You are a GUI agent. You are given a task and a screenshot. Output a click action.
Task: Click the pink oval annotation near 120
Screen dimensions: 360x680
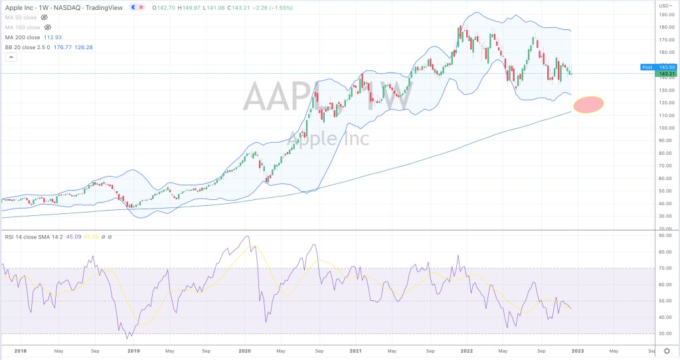[588, 104]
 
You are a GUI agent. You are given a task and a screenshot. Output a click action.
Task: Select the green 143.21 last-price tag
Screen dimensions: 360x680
[662, 73]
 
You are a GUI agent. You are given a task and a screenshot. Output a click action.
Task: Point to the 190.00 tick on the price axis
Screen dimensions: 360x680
[663, 15]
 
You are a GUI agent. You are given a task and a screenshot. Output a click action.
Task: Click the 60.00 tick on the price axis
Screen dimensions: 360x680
[663, 178]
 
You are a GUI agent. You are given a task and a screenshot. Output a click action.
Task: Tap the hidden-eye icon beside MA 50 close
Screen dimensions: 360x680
[44, 16]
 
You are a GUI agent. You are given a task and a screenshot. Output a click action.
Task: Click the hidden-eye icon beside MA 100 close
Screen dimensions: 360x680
[47, 27]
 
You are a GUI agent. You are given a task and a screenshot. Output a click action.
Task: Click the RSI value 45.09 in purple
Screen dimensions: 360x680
[54, 236]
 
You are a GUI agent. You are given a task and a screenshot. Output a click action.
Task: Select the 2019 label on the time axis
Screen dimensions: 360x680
[133, 349]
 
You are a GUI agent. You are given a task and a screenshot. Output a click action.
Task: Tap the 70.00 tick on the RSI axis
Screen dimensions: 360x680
[663, 268]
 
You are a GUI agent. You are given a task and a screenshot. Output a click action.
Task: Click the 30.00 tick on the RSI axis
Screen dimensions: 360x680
[663, 333]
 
